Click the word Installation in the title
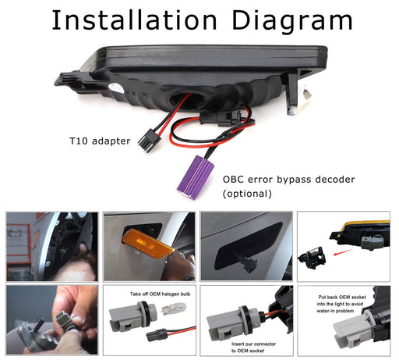coord(134,20)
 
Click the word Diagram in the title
coord(292,22)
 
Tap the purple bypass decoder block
coord(195,177)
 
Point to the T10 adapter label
coord(100,141)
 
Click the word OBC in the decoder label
coord(233,180)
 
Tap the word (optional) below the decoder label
coord(247,194)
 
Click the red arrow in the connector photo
coord(343,252)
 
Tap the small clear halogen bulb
coord(175,308)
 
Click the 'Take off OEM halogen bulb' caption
coord(160,294)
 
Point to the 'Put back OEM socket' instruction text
coord(341,304)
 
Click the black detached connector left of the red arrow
coord(312,257)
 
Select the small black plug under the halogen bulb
coord(157,335)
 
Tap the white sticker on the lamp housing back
coord(116,88)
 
